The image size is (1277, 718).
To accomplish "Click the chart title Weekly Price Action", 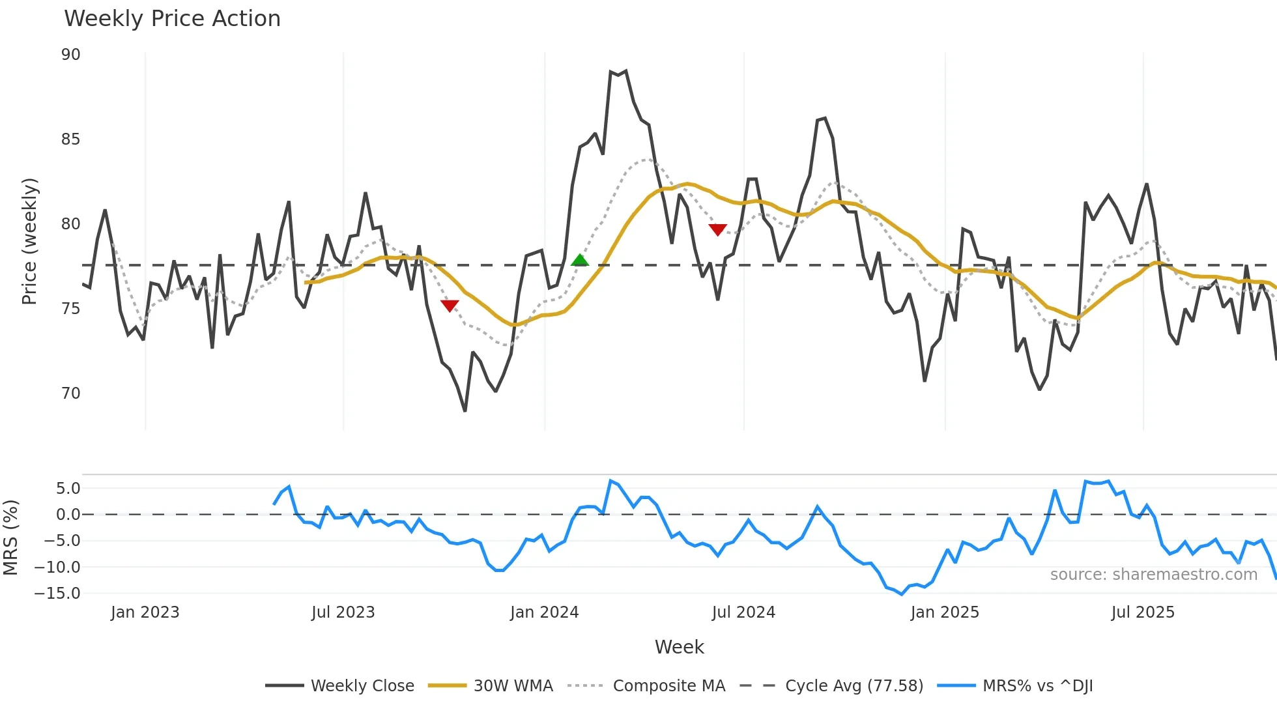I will pos(172,19).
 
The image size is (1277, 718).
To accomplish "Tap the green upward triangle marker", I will pos(579,261).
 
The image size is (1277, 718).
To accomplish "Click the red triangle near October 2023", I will pos(450,306).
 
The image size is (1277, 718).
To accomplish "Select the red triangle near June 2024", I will pos(717,229).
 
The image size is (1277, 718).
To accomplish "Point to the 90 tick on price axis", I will pos(71,55).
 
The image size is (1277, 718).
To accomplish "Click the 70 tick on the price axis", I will pos(71,394).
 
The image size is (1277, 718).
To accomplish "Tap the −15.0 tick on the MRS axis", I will pos(57,594).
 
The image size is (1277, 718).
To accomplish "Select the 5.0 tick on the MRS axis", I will pos(68,489).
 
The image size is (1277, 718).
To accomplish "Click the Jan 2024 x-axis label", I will pos(544,612).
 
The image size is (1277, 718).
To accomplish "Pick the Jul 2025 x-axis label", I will pos(1143,612).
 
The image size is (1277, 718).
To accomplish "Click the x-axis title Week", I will pos(679,647).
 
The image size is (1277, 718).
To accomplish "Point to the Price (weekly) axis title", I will pos(29,241).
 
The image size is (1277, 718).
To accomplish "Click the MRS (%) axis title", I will pos(10,538).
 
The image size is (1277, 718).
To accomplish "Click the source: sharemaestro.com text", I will pos(1153,575).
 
